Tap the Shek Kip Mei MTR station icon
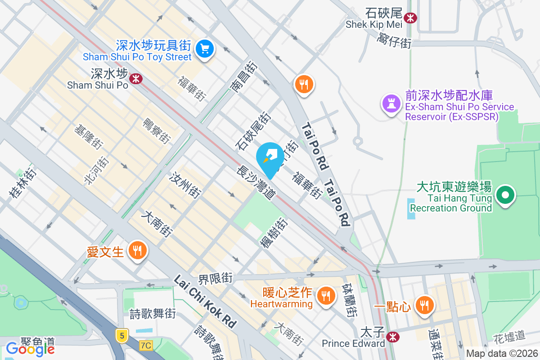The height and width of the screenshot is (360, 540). [410, 18]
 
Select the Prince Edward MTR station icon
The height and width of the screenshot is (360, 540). [393, 336]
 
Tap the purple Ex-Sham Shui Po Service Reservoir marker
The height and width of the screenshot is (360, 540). [391, 104]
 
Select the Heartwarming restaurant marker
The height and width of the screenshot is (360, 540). [324, 295]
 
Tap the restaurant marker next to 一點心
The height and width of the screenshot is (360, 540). [423, 305]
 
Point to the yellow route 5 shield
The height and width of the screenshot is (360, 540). [121, 335]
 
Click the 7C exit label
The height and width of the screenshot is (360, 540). [146, 346]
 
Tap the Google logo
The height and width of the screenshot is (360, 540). [30, 348]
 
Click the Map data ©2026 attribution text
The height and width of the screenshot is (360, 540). [501, 353]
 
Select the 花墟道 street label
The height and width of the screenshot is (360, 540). [509, 335]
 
